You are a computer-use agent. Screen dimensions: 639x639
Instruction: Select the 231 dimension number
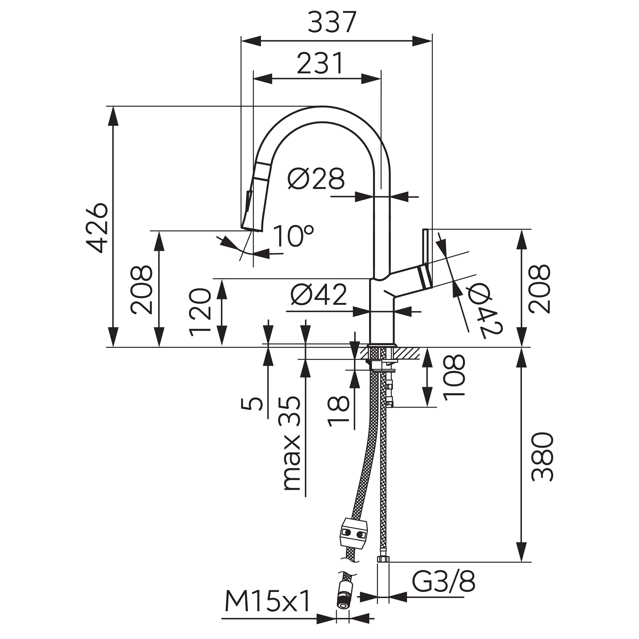pos(320,63)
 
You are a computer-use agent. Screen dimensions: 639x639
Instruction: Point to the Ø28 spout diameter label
pos(316,179)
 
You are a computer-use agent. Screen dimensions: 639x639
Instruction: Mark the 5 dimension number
pos(252,403)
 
